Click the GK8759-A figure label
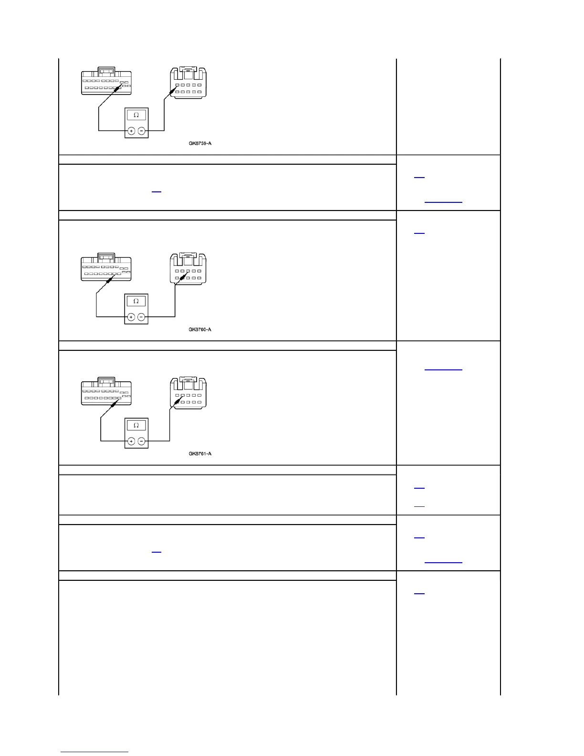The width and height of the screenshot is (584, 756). tap(200, 143)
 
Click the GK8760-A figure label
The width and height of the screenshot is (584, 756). tap(200, 329)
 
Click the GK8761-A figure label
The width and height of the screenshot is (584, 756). tap(200, 453)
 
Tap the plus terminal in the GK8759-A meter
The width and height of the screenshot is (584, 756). tap(131, 131)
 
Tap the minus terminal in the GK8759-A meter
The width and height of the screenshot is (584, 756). tap(142, 131)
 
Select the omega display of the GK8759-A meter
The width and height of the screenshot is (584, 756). tap(136, 115)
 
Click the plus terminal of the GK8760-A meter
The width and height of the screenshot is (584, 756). tap(131, 317)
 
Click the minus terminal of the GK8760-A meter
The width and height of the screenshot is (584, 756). tap(142, 317)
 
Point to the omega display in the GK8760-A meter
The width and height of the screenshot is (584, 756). tap(136, 301)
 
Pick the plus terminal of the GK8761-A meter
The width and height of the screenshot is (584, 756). tap(131, 441)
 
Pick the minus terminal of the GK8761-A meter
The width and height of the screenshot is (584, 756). tap(142, 441)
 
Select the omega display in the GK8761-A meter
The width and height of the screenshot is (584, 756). tap(136, 425)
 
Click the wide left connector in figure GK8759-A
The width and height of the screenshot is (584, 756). tap(106, 82)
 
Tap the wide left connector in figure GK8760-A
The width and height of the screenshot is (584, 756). tap(106, 268)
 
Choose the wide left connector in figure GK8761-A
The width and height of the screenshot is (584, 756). tap(106, 392)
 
